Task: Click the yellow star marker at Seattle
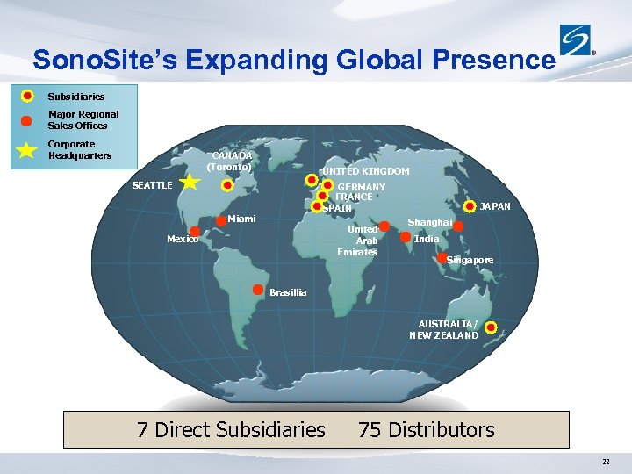[190, 183]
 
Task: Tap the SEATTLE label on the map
[152, 185]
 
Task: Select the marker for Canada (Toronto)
[226, 186]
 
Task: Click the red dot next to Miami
[220, 219]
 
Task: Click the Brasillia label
[288, 292]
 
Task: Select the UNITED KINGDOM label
[365, 172]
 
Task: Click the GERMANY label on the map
[361, 188]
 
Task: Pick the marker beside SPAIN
[317, 207]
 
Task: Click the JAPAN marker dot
[471, 207]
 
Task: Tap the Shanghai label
[429, 223]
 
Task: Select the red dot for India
[406, 236]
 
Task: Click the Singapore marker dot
[442, 258]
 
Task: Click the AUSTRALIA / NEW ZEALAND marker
[491, 328]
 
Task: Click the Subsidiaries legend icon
[28, 96]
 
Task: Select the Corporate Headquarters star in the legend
[28, 149]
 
